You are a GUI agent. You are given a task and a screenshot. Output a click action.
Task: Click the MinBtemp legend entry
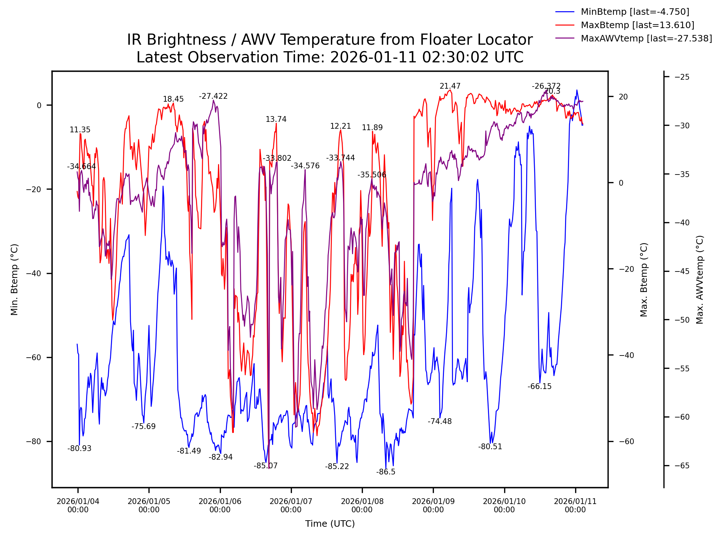635,12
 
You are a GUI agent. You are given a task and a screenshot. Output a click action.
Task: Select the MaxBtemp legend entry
637,25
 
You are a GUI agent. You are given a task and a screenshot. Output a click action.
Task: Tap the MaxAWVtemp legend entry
646,39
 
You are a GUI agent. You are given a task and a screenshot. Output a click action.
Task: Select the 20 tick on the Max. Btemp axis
623,97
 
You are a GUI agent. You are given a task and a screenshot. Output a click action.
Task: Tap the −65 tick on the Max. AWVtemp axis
682,466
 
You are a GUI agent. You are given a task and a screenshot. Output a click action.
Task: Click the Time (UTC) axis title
330,524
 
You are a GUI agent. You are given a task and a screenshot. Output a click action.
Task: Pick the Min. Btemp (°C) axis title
14,279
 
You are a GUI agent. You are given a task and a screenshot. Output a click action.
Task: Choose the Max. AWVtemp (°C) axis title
700,279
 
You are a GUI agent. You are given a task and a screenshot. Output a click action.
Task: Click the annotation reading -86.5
386,472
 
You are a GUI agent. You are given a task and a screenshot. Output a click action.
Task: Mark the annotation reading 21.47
450,86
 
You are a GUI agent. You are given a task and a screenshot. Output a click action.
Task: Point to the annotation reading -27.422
213,96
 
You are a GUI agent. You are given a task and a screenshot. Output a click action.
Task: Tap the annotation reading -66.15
539,386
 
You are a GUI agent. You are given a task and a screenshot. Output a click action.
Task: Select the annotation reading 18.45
173,99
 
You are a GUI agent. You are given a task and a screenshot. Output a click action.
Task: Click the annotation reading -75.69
143,427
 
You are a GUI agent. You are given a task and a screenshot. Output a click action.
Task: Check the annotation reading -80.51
490,447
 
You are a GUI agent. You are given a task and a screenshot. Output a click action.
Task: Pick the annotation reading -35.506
372,175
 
